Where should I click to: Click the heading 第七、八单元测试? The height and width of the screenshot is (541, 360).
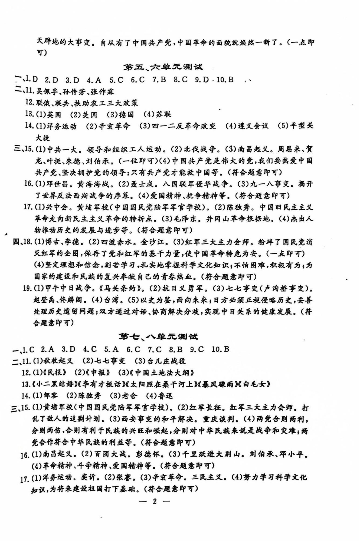pyautogui.click(x=159, y=337)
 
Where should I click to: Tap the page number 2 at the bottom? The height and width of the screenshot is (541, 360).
pyautogui.click(x=155, y=501)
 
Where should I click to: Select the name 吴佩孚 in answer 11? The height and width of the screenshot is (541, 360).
pyautogui.click(x=47, y=92)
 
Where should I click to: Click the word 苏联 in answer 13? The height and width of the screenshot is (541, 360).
pyautogui.click(x=163, y=114)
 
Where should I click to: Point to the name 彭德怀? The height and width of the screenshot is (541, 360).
pyautogui.click(x=148, y=454)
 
